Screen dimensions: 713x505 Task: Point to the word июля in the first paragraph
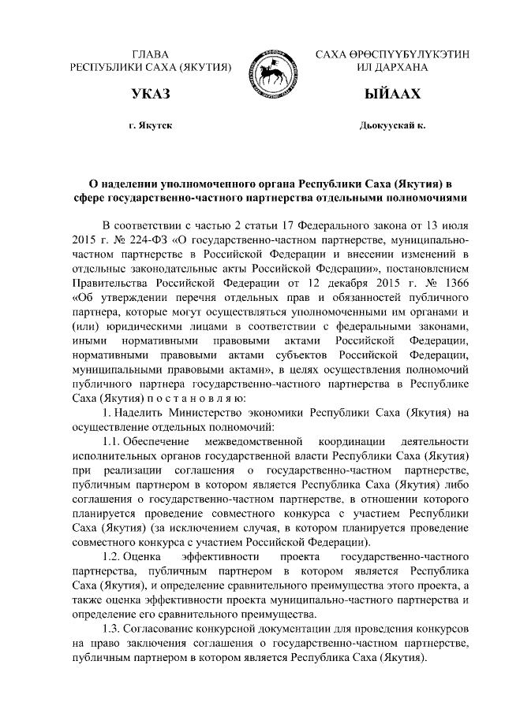pos(455,225)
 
